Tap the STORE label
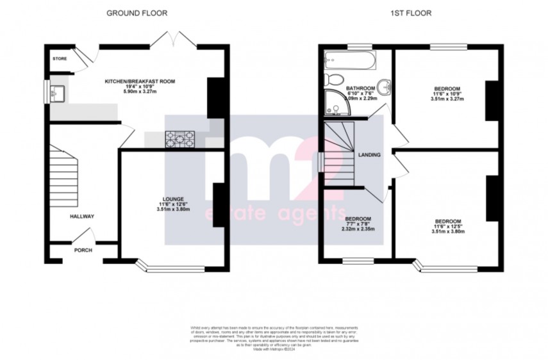[x=60, y=58]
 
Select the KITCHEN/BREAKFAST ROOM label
[x=140, y=82]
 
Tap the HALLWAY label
[x=82, y=217]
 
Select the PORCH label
[x=83, y=250]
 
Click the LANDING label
[x=370, y=155]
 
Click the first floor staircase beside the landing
[x=338, y=154]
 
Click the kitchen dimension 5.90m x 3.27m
[x=140, y=92]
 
